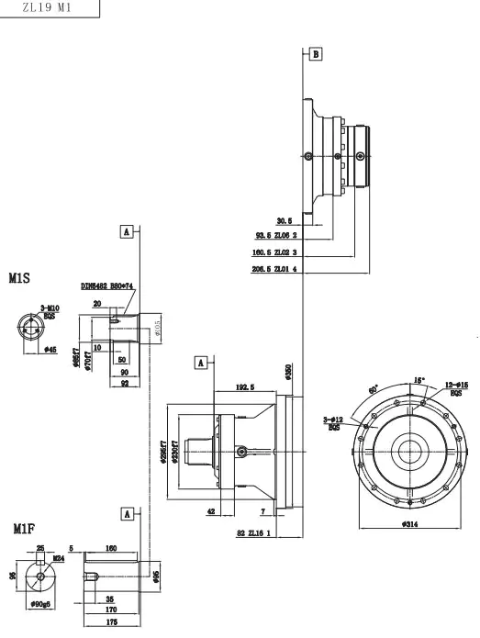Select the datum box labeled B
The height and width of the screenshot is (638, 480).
[316, 55]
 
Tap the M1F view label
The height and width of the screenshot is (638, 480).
[23, 529]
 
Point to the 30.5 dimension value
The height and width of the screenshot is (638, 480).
[284, 220]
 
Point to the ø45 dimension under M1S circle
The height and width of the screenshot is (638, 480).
[51, 350]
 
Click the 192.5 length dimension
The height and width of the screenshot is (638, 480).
[243, 388]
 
